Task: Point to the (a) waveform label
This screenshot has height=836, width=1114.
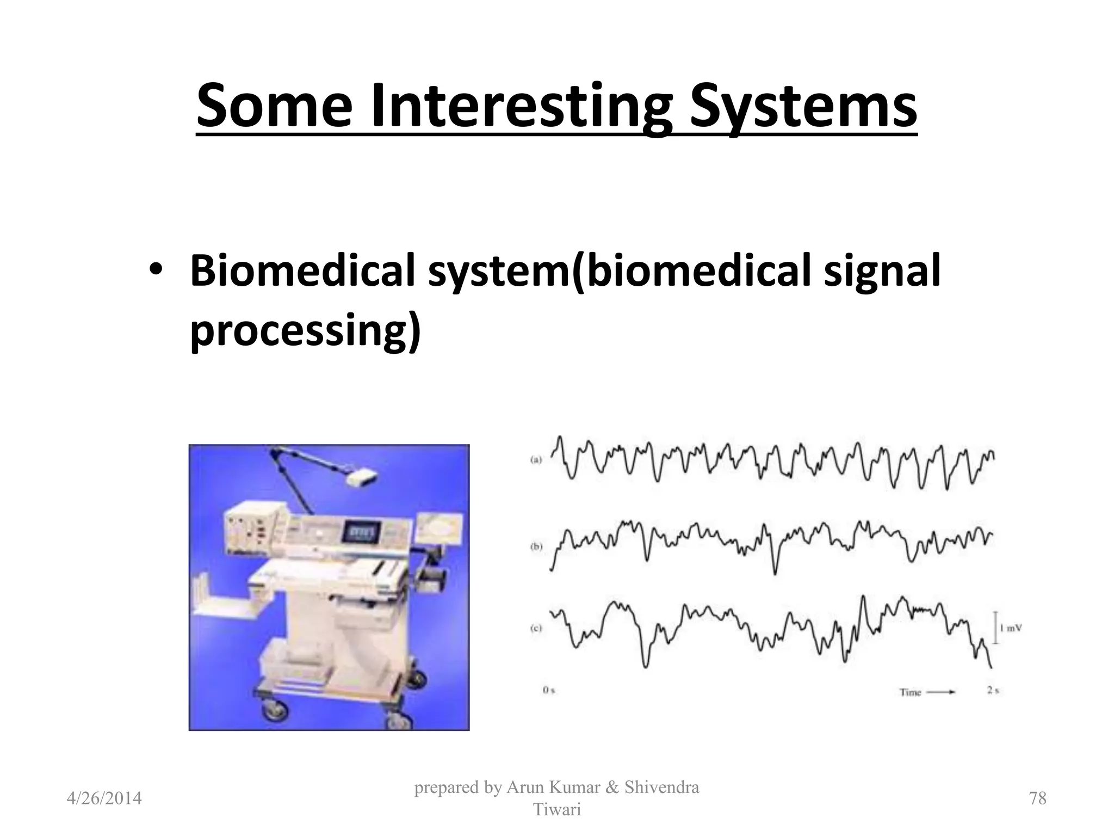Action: [536, 460]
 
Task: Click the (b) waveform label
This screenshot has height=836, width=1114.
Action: [536, 546]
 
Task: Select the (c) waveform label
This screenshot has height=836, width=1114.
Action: [536, 628]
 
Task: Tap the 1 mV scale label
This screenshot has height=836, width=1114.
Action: [1011, 628]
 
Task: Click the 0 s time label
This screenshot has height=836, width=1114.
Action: [549, 691]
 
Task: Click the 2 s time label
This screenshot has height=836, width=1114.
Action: [993, 691]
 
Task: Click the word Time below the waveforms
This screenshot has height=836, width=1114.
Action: [910, 692]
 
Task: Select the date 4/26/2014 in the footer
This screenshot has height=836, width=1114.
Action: [104, 798]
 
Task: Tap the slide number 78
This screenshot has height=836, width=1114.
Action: [1038, 798]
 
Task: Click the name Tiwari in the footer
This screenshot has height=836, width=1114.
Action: [556, 810]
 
